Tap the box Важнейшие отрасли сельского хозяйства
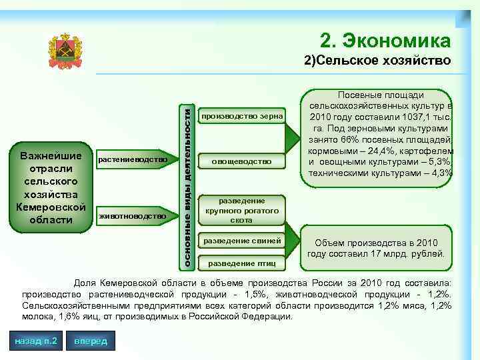pos(53,188)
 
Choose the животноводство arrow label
pos(132,215)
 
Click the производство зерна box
pos(242,117)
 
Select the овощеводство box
pos(242,161)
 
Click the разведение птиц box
pos(242,262)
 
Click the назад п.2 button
pos(35,341)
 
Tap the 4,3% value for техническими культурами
pos(440,173)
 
